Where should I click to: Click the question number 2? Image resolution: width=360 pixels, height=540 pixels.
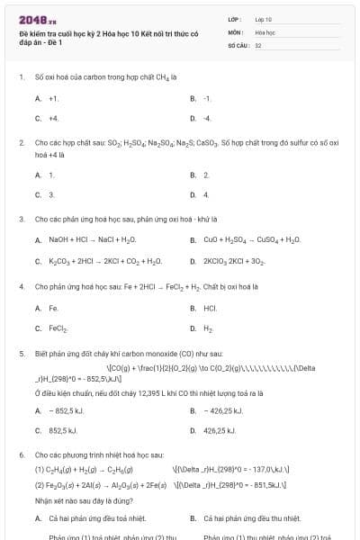pos(21,142)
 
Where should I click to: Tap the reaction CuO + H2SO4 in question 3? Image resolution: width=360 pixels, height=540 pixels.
pos(251,240)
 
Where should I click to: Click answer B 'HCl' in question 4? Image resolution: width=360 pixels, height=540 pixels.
pos(210,308)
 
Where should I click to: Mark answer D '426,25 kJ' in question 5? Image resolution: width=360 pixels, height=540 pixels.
pos(220,431)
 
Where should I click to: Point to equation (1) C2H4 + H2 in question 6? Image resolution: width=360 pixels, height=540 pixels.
pos(84,469)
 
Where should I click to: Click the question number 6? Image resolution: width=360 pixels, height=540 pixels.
pos(21,455)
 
